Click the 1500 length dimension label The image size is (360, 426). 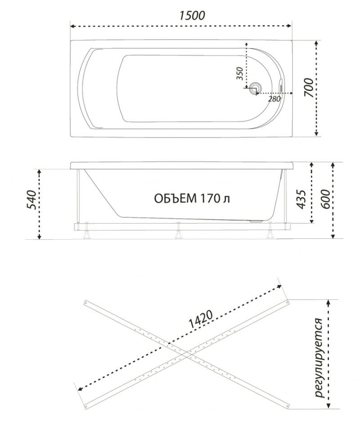tap(192, 15)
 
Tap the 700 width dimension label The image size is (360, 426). tap(309, 87)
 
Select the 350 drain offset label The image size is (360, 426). tap(240, 73)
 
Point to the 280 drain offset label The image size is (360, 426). tap(274, 99)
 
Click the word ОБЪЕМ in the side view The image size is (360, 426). tap(175, 198)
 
